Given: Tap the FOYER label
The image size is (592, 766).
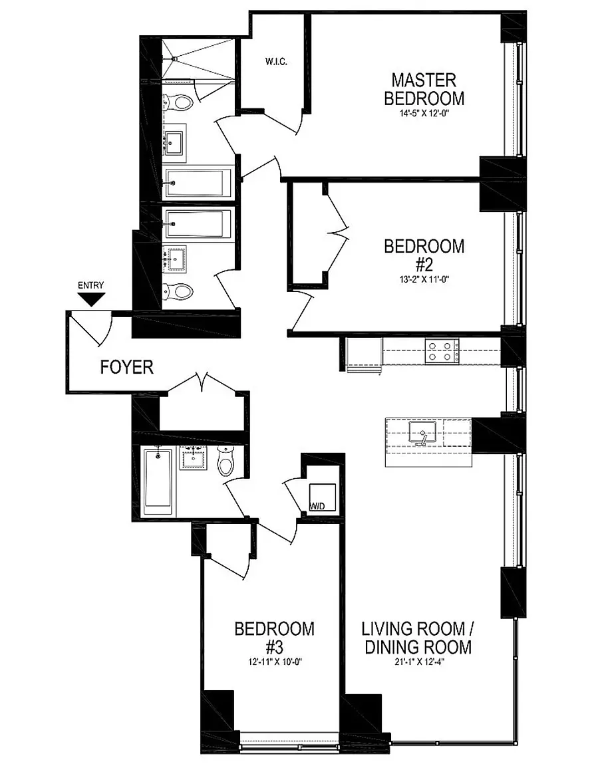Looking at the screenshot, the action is [126, 367].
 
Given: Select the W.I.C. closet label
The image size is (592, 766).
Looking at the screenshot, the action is [276, 62].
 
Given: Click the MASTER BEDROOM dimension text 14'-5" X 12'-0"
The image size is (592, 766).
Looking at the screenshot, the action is [423, 117].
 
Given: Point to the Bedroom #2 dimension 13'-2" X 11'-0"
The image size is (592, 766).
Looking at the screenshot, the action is [423, 279].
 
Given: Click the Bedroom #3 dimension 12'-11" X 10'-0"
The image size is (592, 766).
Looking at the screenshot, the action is [274, 662].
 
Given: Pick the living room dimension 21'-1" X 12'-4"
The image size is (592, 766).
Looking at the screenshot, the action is [418, 662].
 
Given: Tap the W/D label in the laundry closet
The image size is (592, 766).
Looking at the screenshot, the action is [317, 506].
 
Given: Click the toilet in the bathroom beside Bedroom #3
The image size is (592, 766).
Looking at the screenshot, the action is [226, 460].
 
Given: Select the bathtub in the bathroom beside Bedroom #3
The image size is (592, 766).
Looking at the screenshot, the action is [158, 482].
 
